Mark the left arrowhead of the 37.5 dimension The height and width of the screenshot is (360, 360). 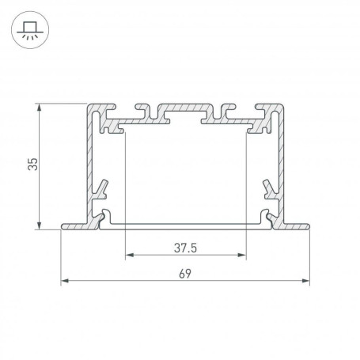[129, 256]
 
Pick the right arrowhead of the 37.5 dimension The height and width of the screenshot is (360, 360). [241, 256]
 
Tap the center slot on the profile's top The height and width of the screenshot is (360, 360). [185, 110]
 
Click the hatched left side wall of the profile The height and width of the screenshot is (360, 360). [89, 158]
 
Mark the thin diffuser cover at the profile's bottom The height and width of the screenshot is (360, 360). [185, 224]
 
